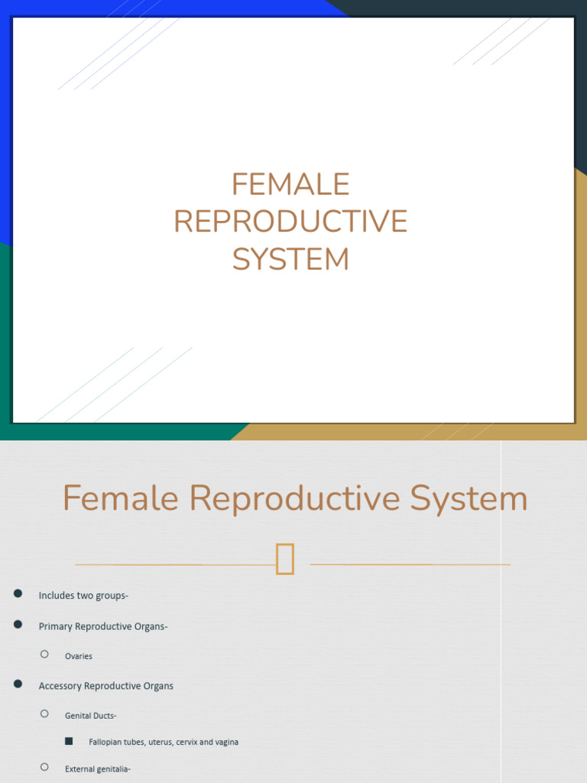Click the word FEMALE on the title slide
tap(290, 184)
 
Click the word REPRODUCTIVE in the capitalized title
tap(290, 222)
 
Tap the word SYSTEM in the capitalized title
tap(290, 259)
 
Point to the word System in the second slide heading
tap(469, 499)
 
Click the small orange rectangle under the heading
tap(285, 558)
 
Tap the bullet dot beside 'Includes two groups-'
tap(18, 594)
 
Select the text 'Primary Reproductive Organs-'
tap(103, 626)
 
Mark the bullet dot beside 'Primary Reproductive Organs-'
tap(18, 625)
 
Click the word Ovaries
tap(79, 656)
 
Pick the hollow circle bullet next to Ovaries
tap(44, 654)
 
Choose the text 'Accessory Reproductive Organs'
tap(106, 686)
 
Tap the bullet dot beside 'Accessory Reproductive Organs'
tap(18, 684)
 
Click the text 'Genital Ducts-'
tap(91, 716)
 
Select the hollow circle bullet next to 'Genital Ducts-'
tap(44, 713)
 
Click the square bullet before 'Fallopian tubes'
tap(69, 741)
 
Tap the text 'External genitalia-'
tap(98, 769)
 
